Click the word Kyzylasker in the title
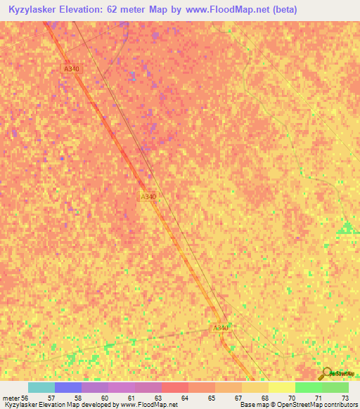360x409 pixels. [37, 10]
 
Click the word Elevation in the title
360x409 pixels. [89, 10]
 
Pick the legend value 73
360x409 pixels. [345, 398]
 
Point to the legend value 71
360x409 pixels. [319, 398]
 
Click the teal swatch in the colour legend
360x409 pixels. [41, 387]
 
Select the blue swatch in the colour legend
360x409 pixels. [68, 387]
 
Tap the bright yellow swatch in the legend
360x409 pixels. [282, 387]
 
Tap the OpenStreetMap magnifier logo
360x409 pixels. [326, 375]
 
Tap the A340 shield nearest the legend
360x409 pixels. [221, 328]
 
